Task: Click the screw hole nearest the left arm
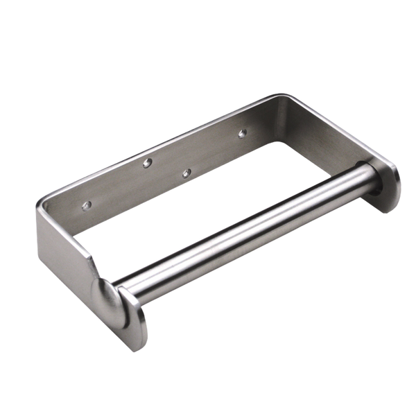(87, 206)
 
